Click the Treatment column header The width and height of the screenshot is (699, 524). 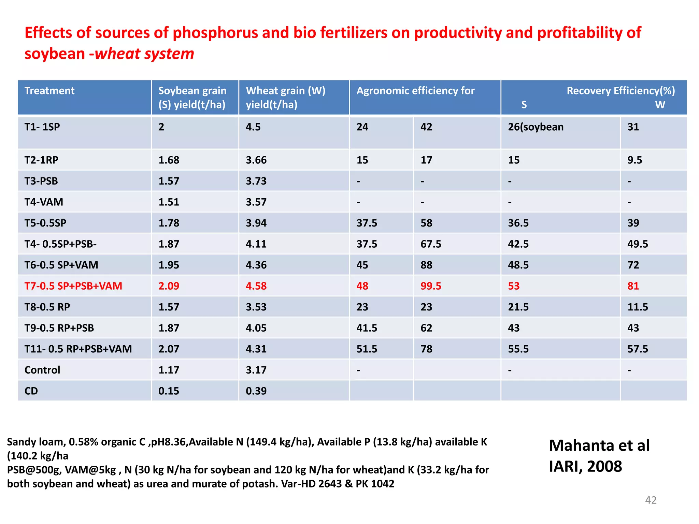(x=49, y=91)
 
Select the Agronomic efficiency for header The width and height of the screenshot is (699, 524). (x=415, y=91)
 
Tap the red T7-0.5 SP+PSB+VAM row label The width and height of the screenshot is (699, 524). (x=73, y=286)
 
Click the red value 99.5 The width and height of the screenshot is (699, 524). (x=431, y=286)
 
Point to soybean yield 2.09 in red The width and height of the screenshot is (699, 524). (x=169, y=286)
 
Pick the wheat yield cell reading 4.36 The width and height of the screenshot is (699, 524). (x=256, y=265)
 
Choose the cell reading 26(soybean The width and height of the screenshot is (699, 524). (x=536, y=127)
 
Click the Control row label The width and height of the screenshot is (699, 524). (x=42, y=370)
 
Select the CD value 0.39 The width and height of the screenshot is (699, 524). (x=256, y=391)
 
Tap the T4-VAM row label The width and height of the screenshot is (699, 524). (x=44, y=202)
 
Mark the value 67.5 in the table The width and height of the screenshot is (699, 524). (x=431, y=244)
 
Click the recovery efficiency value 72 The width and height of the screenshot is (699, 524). (x=633, y=265)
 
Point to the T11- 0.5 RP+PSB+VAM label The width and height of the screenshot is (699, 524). (x=78, y=349)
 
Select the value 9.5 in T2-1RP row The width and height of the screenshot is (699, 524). (x=634, y=160)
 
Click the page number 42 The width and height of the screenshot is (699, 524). (x=651, y=500)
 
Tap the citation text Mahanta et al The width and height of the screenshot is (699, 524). (x=599, y=446)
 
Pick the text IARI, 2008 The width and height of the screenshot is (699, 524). (x=585, y=466)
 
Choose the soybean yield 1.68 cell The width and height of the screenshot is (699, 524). (x=169, y=160)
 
